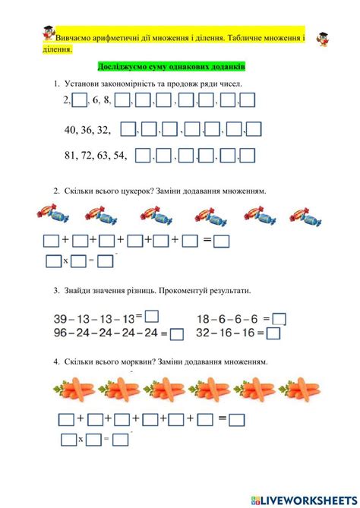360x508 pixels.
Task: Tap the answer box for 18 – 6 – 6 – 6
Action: [279, 320]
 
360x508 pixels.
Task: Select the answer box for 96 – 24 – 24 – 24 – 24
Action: [177, 333]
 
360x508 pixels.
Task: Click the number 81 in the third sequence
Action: [73, 156]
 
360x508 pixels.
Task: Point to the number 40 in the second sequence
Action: [73, 129]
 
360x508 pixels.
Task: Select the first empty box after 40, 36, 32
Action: [128, 129]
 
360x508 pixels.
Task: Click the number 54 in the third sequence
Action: [118, 156]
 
